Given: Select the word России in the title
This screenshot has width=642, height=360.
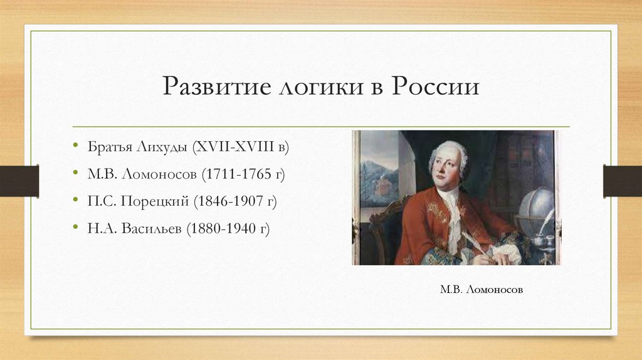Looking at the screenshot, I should pyautogui.click(x=436, y=87).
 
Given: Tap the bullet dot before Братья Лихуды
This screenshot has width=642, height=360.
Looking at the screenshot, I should pyautogui.click(x=74, y=146).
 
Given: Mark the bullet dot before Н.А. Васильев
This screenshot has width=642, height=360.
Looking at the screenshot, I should pyautogui.click(x=74, y=229).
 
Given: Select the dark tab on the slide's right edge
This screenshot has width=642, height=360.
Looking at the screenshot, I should pyautogui.click(x=623, y=180).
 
